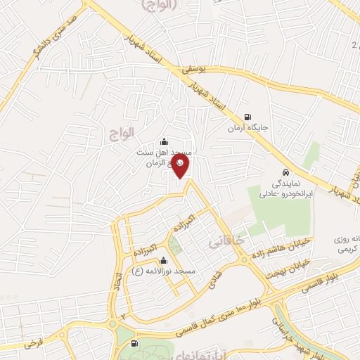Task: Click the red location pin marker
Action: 181,166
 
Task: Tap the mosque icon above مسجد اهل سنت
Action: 164,141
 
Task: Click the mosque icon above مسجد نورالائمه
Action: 164,260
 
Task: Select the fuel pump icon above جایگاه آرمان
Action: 247,117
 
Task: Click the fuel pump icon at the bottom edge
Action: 134,343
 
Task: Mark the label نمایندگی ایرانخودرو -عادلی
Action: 296,186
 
